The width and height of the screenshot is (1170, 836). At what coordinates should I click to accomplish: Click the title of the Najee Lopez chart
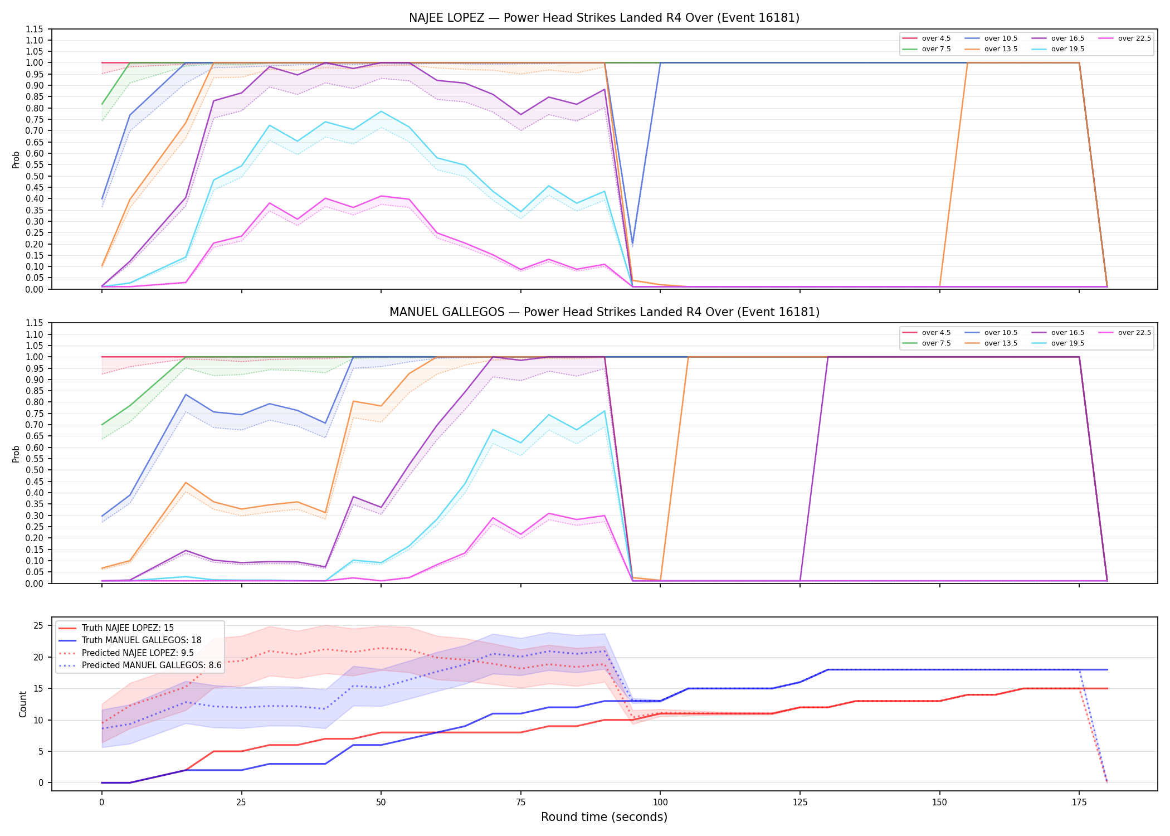(x=604, y=18)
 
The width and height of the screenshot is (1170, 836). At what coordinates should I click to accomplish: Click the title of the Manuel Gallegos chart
(x=604, y=312)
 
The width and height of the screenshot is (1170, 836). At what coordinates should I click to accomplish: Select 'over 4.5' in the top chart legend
(x=936, y=38)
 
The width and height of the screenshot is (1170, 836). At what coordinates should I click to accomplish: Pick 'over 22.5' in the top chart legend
(x=1134, y=38)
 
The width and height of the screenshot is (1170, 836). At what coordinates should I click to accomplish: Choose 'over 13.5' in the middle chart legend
(x=1001, y=343)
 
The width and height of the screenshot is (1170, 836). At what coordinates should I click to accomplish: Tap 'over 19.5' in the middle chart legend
(x=1067, y=343)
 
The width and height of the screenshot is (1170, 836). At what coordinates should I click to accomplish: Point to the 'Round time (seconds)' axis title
(x=604, y=817)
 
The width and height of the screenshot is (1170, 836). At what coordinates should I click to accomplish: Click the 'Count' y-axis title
(x=23, y=704)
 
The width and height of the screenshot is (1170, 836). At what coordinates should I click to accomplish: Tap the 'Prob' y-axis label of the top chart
(x=16, y=160)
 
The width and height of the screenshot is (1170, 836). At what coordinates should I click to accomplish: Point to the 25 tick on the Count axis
(x=38, y=626)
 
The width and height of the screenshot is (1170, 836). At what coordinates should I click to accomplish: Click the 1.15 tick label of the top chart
(x=34, y=29)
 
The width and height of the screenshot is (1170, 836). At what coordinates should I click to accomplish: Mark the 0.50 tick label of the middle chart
(x=34, y=470)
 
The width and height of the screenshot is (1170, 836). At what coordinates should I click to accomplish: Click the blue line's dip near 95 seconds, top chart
(x=632, y=244)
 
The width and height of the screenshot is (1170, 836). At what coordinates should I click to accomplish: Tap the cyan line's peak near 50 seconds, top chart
(x=381, y=111)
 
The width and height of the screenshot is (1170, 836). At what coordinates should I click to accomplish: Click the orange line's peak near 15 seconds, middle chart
(x=186, y=483)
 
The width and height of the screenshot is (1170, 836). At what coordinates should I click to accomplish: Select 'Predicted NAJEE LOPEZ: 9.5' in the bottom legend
(x=138, y=653)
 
